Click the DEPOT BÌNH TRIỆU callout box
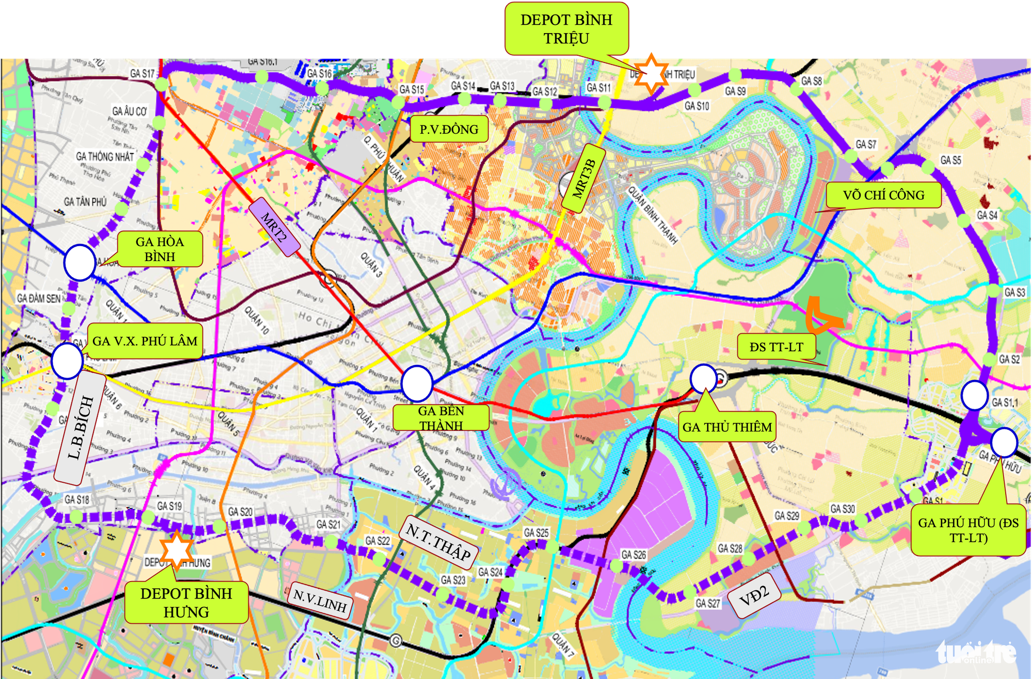tap(566, 29)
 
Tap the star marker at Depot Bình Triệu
tap(651, 74)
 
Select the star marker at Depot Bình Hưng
tap(176, 549)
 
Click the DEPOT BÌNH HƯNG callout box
tap(186, 603)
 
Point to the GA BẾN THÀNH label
tap(441, 418)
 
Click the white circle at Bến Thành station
tap(416, 383)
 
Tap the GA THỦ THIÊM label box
tap(727, 427)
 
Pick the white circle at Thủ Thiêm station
tap(703, 378)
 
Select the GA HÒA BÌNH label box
tap(159, 249)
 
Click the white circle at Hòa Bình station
tap(79, 262)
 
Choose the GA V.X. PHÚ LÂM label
tap(144, 341)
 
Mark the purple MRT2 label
tap(274, 227)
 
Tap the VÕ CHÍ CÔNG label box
tap(883, 195)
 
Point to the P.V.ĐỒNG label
tap(449, 130)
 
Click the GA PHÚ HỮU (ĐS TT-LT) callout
tap(968, 530)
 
